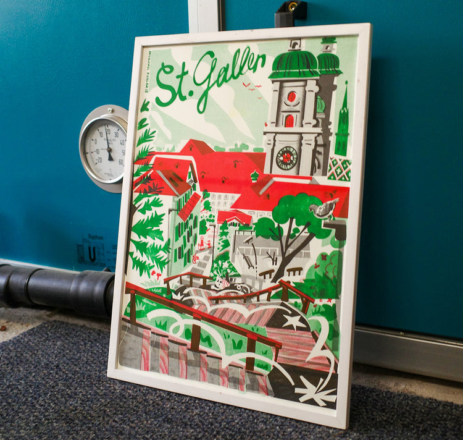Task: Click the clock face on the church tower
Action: click(x=286, y=158)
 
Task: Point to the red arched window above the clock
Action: click(x=289, y=121)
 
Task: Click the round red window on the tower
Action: click(x=291, y=97)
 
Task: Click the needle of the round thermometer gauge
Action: click(x=108, y=145)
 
